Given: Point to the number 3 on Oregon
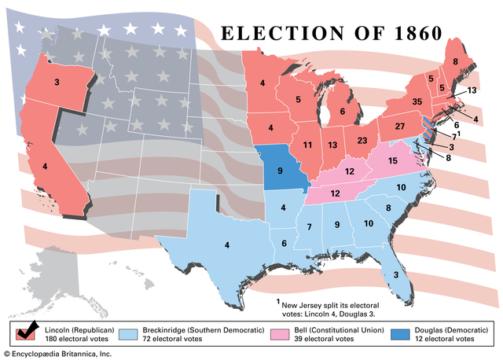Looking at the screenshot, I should pyautogui.click(x=57, y=82).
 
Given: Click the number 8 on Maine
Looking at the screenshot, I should pyautogui.click(x=455, y=61).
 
